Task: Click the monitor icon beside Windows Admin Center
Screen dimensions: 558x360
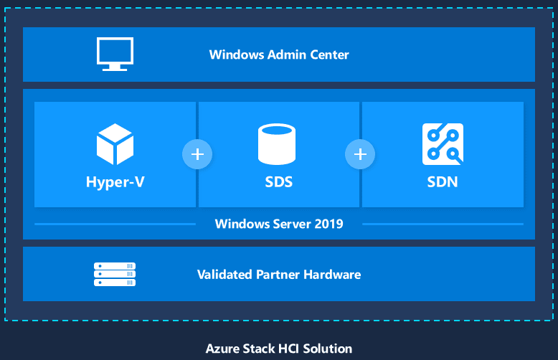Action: (115, 54)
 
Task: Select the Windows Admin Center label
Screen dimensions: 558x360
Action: (279, 55)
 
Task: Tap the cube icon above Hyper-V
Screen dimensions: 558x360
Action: (115, 144)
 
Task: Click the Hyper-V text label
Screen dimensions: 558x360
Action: (115, 182)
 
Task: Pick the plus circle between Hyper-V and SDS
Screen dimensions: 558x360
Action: (197, 154)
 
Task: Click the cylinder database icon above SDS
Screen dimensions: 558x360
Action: (277, 144)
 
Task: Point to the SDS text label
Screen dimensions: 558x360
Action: (279, 181)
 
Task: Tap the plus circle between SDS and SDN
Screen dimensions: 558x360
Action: (360, 154)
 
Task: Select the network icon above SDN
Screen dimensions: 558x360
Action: (443, 144)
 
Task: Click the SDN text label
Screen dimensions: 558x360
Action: (443, 181)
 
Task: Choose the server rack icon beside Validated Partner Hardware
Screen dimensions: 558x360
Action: (115, 274)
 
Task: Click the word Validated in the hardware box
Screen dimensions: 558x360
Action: (225, 275)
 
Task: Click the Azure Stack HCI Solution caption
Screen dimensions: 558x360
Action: (279, 349)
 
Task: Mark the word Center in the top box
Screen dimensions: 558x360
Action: (329, 55)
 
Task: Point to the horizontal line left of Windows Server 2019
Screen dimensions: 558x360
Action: (115, 224)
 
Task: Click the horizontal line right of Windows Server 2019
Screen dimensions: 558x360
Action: (443, 224)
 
